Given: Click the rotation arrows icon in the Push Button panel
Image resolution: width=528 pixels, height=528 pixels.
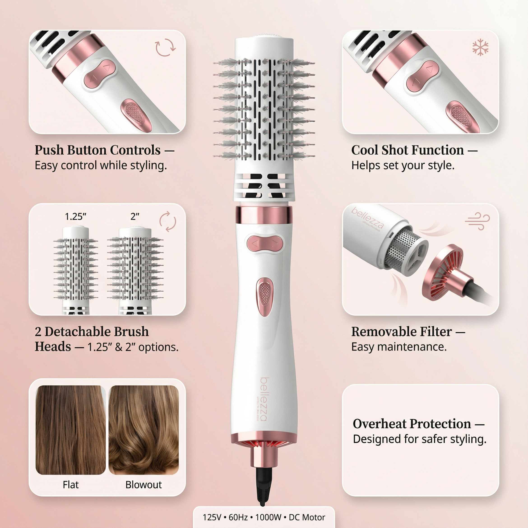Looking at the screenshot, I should point(165,48).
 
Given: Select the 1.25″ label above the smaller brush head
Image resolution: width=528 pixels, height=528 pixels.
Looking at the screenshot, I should point(75,216).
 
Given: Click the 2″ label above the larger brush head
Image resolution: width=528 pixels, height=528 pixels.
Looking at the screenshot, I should point(135,216).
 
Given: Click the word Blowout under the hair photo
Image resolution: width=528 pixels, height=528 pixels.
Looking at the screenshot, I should point(144,484).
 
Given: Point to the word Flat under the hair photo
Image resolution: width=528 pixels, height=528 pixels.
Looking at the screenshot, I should point(70,484).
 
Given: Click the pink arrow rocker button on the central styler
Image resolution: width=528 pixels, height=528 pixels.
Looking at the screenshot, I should point(264,243).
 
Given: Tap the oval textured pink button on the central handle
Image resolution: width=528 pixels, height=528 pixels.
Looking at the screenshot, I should point(264,296).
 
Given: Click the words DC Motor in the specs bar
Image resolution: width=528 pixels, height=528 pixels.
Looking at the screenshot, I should point(307,517).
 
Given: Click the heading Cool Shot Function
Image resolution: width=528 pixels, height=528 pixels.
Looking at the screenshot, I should point(407,150).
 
